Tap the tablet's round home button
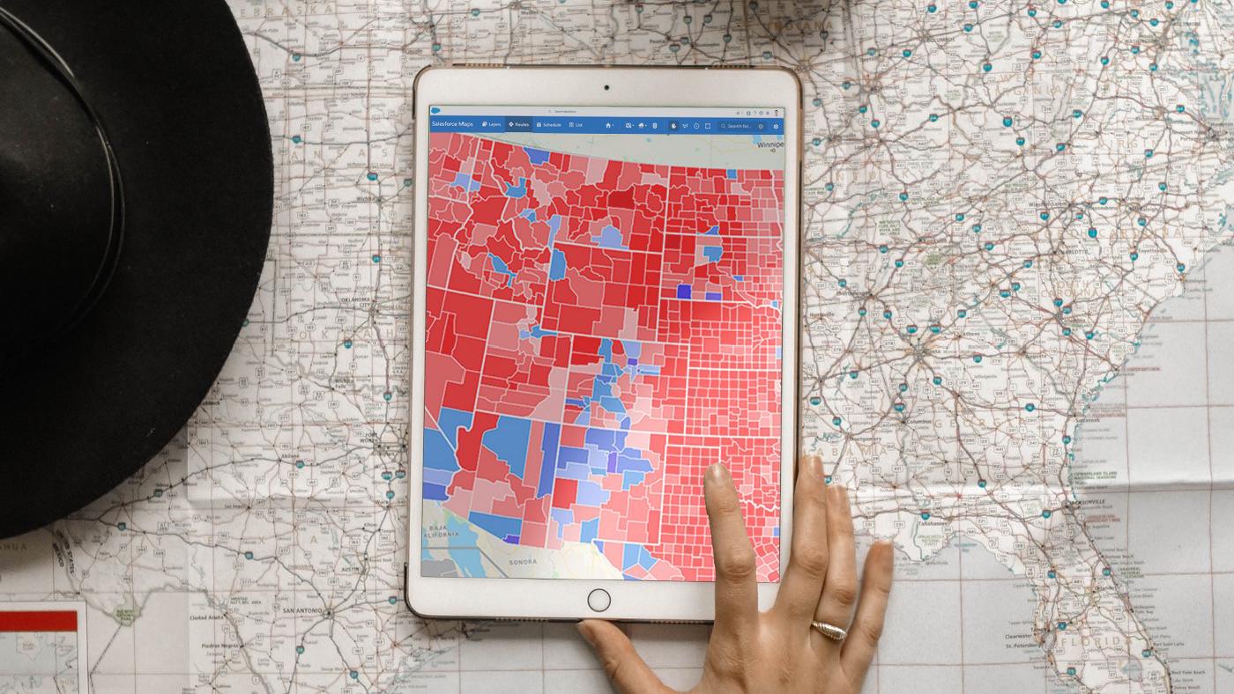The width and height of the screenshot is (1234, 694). (598, 600)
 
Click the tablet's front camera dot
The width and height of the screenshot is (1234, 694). (606, 88)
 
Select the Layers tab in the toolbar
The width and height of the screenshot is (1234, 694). (492, 125)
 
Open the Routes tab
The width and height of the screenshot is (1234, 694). (519, 125)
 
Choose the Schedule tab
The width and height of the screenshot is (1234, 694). (548, 125)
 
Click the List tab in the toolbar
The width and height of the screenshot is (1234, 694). (576, 125)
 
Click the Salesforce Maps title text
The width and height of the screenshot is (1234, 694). (452, 125)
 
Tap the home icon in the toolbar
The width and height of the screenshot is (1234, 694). (608, 126)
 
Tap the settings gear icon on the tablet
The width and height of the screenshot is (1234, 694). (775, 126)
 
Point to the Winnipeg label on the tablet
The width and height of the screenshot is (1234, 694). (769, 144)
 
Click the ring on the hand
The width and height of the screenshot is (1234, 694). (829, 630)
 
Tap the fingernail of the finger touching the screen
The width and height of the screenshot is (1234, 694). (717, 473)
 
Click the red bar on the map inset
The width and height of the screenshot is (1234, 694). (38, 620)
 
